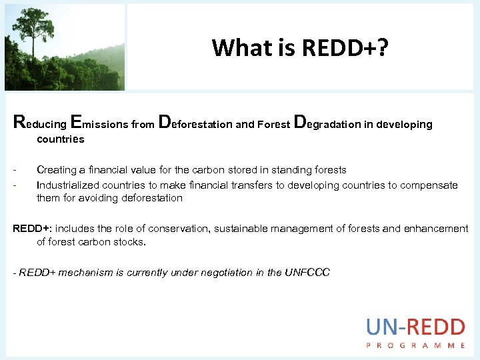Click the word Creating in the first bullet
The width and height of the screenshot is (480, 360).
(x=57, y=170)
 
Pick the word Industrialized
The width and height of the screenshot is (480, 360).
(x=69, y=185)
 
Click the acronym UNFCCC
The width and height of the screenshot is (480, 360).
(x=308, y=273)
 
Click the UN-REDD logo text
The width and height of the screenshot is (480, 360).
(x=415, y=327)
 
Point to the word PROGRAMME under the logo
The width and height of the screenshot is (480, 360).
(x=415, y=345)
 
